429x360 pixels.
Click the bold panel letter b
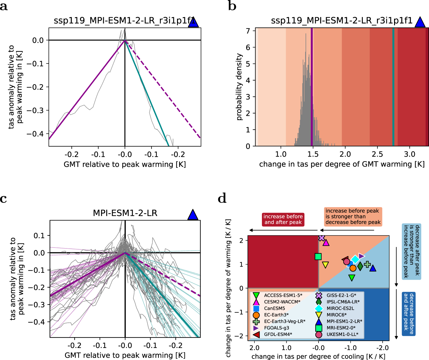[232, 6]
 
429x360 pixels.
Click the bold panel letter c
[4, 199]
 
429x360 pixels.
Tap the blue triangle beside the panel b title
[420, 22]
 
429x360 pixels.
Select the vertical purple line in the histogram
[312, 87]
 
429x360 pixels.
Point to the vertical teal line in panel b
[393, 87]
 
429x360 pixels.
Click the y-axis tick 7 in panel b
[248, 31]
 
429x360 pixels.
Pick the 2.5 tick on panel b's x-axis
[377, 154]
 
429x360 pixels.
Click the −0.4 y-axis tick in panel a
[35, 134]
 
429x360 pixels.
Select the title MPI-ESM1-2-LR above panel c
[125, 213]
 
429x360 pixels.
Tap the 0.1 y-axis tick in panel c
[39, 235]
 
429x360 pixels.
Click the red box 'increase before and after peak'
[283, 219]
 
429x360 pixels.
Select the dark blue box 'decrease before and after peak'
[409, 313]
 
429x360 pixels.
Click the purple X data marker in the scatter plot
[322, 238]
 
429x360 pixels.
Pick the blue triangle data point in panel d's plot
[373, 268]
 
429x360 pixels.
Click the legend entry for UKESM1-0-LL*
[342, 334]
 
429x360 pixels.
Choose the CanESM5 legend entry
[274, 308]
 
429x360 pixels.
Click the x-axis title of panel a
[125, 165]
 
